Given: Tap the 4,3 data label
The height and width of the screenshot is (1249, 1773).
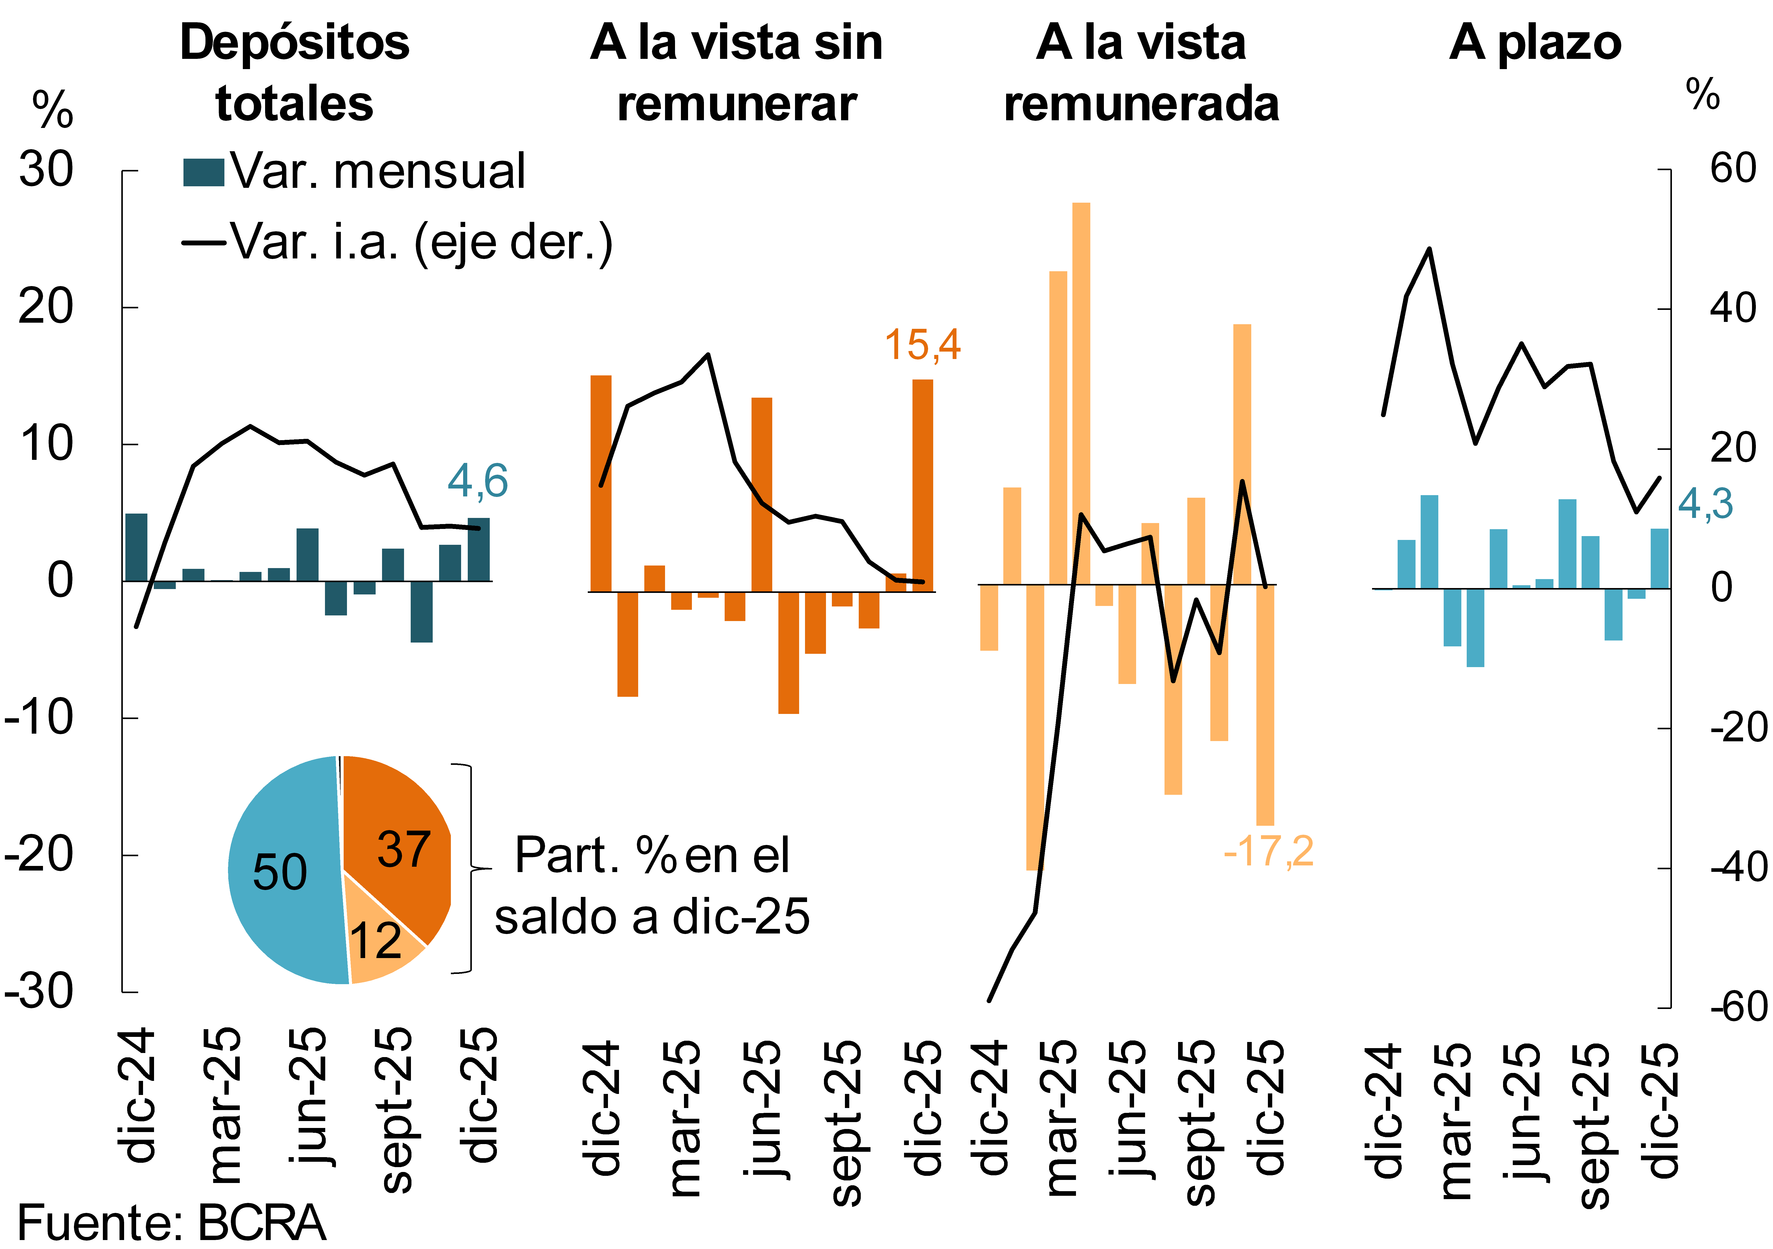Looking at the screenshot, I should tap(1705, 504).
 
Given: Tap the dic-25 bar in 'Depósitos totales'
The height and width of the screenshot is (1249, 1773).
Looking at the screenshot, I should tap(478, 549).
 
